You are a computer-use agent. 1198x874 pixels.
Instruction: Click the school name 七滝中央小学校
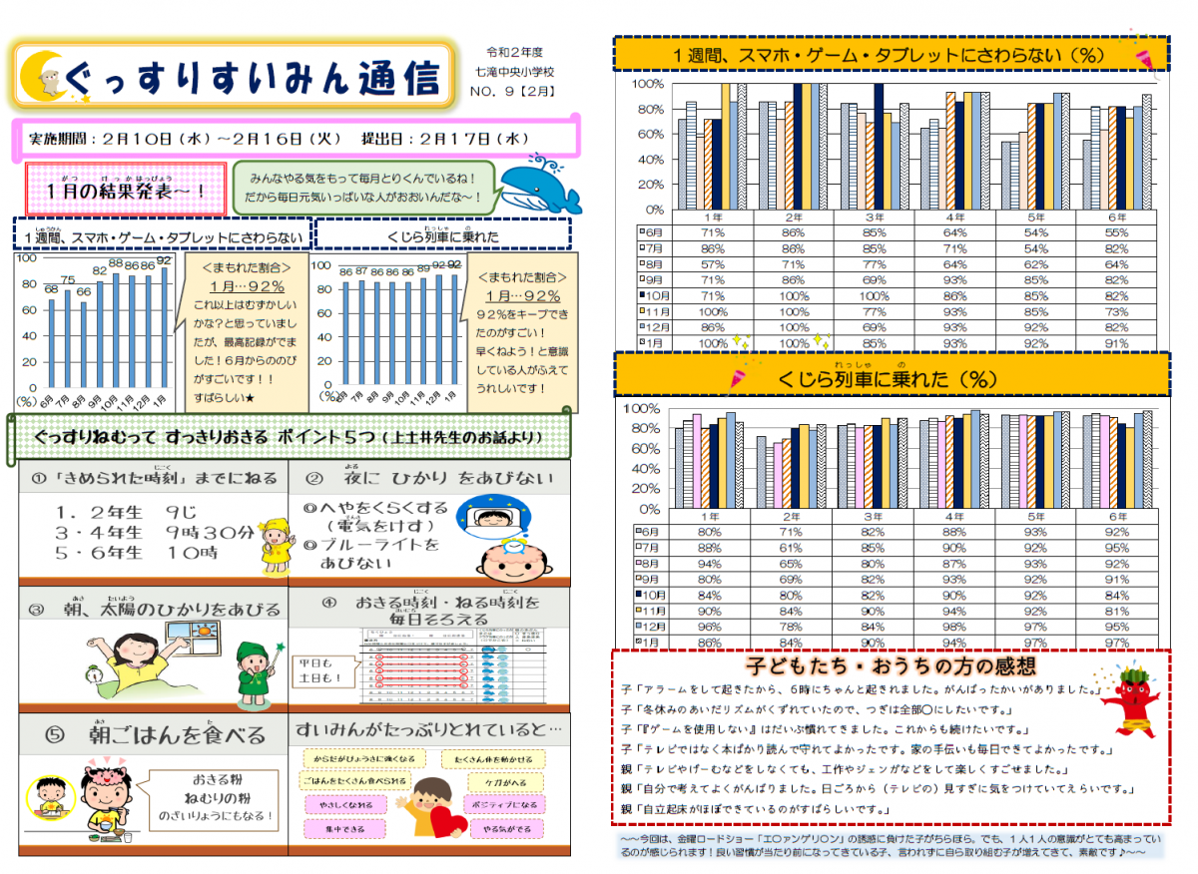pyautogui.click(x=515, y=72)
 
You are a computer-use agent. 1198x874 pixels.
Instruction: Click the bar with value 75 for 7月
pyautogui.click(x=68, y=337)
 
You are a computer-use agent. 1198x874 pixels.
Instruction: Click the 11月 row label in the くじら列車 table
pyautogui.click(x=650, y=611)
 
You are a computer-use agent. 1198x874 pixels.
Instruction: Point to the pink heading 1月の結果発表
pyautogui.click(x=126, y=191)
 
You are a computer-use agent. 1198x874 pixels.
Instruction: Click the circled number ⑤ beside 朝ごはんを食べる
pyautogui.click(x=55, y=735)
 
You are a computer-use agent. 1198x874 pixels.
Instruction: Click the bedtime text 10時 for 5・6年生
pyautogui.click(x=195, y=553)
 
